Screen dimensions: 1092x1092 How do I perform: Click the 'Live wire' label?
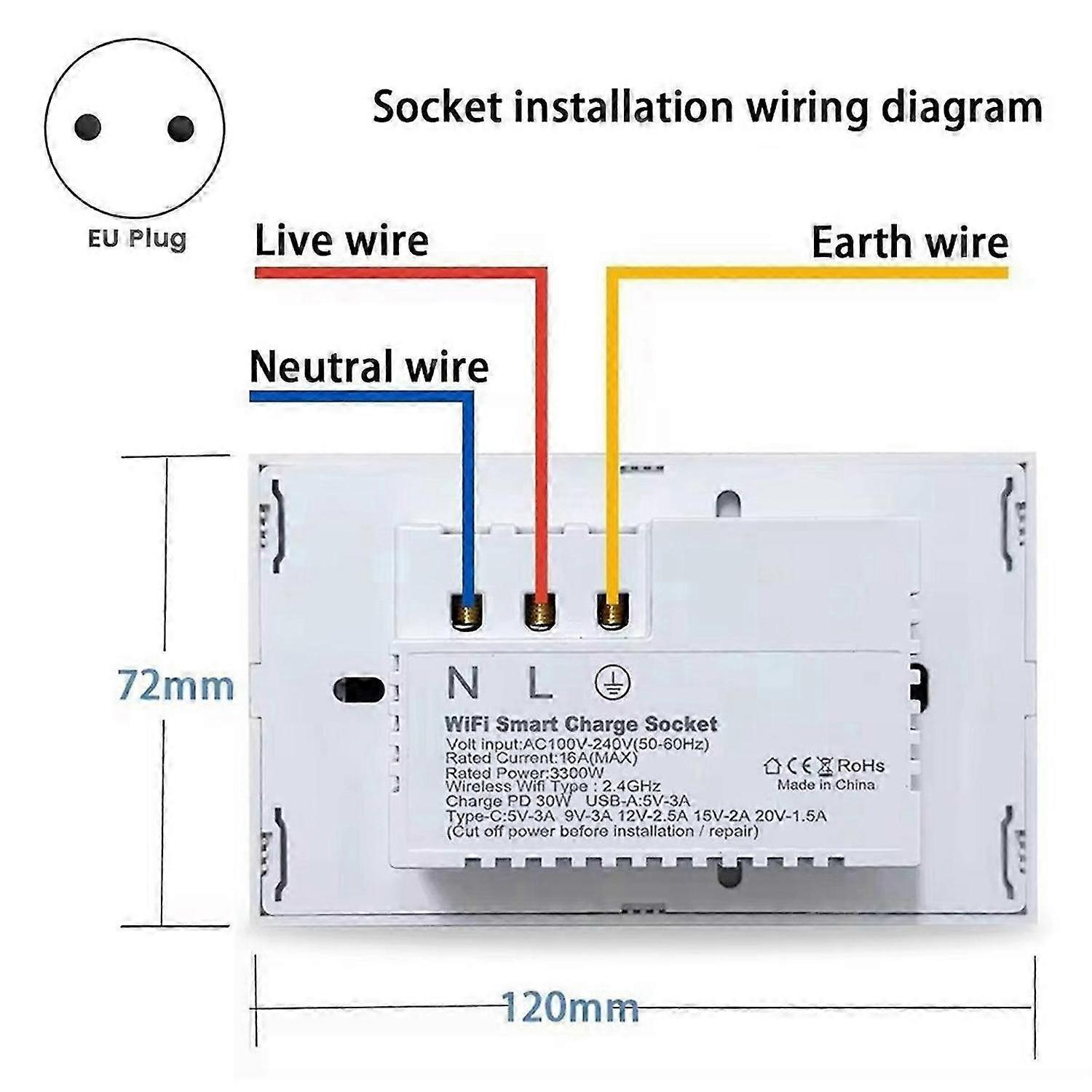click(341, 241)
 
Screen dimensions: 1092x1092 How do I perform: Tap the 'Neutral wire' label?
click(369, 366)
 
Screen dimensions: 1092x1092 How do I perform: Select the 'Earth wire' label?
click(910, 242)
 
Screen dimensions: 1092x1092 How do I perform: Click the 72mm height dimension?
click(176, 686)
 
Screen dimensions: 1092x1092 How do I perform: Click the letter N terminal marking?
click(462, 682)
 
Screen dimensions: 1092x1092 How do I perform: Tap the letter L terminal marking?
click(539, 682)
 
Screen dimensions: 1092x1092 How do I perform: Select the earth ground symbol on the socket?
click(613, 683)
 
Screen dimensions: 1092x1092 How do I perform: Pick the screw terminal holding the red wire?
click(540, 610)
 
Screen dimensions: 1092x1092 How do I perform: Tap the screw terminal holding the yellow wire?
click(613, 610)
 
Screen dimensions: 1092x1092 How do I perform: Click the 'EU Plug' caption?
click(138, 239)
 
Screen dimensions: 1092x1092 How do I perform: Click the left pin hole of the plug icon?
click(87, 127)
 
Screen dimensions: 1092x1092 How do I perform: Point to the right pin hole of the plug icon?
click(181, 129)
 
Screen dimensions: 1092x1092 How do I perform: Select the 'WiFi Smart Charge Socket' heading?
click(581, 724)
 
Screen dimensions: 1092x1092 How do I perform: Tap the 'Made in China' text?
click(826, 785)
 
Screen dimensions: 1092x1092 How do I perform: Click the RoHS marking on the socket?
click(860, 766)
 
